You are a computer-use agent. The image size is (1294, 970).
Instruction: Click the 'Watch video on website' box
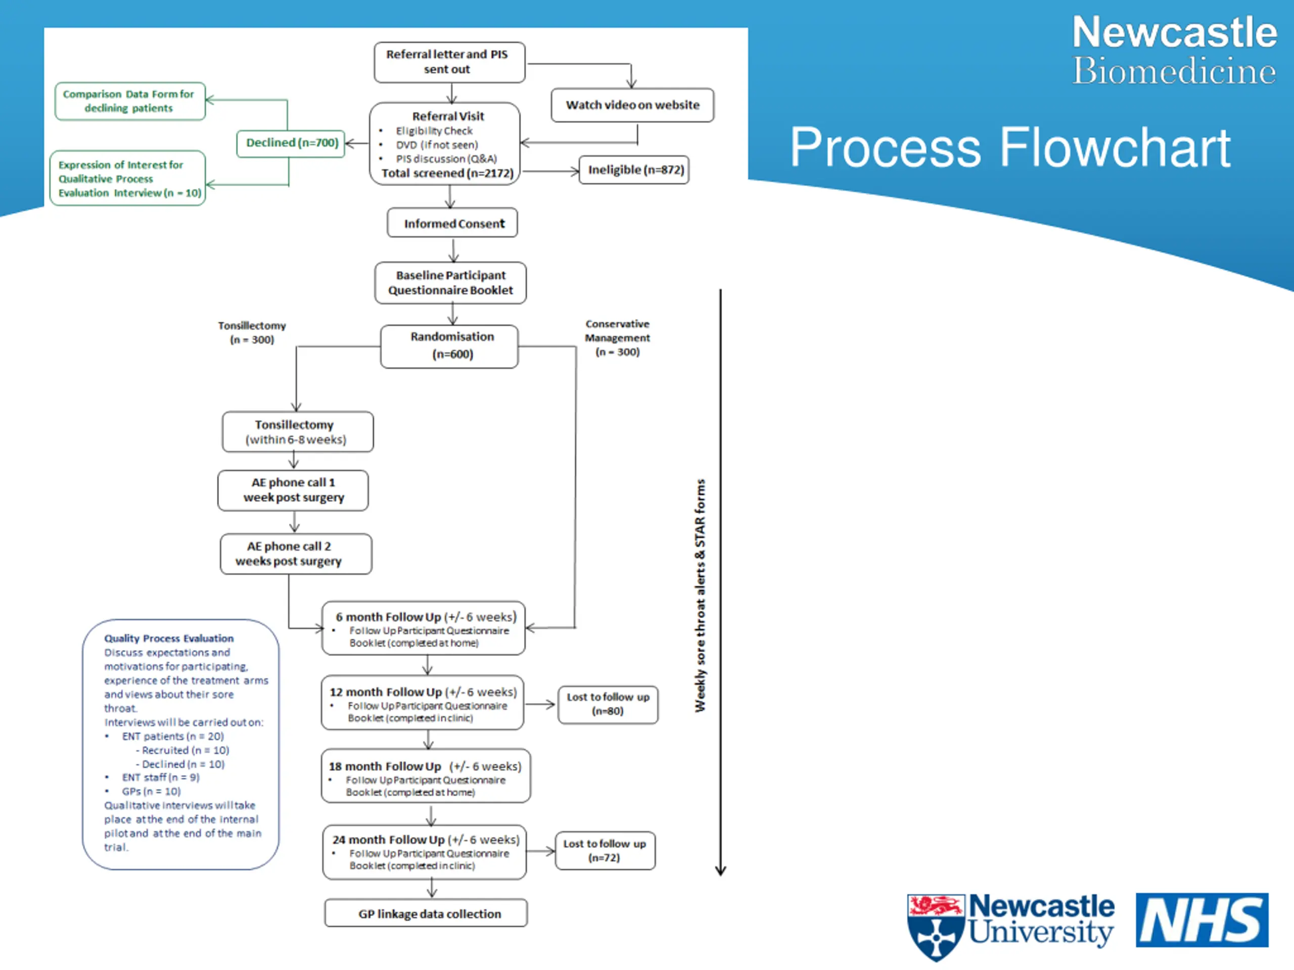pos(632,105)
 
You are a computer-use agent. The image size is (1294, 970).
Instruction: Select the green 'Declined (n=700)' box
pos(291,143)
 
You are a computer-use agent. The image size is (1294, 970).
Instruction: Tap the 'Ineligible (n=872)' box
pos(634,170)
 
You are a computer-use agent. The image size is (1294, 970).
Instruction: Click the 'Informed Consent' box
pos(452,223)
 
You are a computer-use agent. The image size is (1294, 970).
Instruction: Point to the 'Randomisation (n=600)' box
pos(449,346)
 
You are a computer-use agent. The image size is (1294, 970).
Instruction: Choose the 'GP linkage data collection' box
pos(426,913)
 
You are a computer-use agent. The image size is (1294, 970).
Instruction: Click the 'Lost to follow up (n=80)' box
pos(608,705)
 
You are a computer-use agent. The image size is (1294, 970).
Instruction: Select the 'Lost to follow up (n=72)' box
pos(605,851)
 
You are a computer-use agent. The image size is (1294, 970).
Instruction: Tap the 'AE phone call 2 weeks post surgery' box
pos(296,554)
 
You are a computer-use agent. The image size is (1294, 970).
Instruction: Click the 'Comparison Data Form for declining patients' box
pos(130,101)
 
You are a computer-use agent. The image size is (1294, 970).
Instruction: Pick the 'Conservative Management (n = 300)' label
pos(617,338)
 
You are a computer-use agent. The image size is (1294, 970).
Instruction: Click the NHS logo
pos(1202,919)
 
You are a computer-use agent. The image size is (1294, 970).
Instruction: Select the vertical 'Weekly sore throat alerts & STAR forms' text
pos(700,595)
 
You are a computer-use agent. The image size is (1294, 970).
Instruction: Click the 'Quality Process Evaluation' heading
pos(169,639)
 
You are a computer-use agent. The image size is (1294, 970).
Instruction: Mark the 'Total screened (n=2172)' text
pos(447,173)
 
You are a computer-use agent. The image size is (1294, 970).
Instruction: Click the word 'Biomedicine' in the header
pos(1174,71)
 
